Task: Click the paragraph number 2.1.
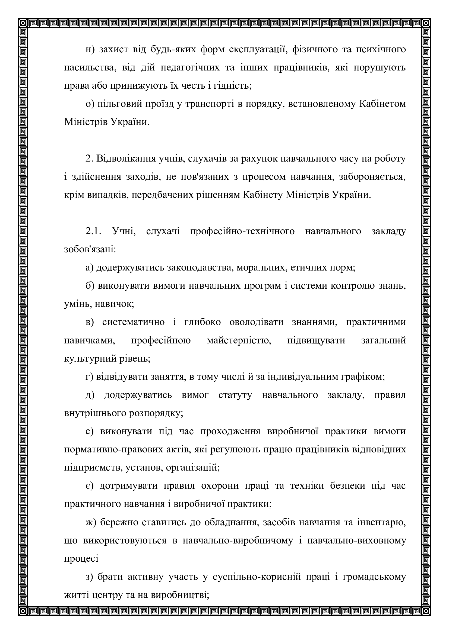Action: pyautogui.click(x=94, y=231)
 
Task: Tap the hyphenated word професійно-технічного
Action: pyautogui.click(x=242, y=231)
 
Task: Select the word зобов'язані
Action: pyautogui.click(x=90, y=250)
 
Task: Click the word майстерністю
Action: pyautogui.click(x=239, y=340)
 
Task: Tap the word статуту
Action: pyautogui.click(x=235, y=395)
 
